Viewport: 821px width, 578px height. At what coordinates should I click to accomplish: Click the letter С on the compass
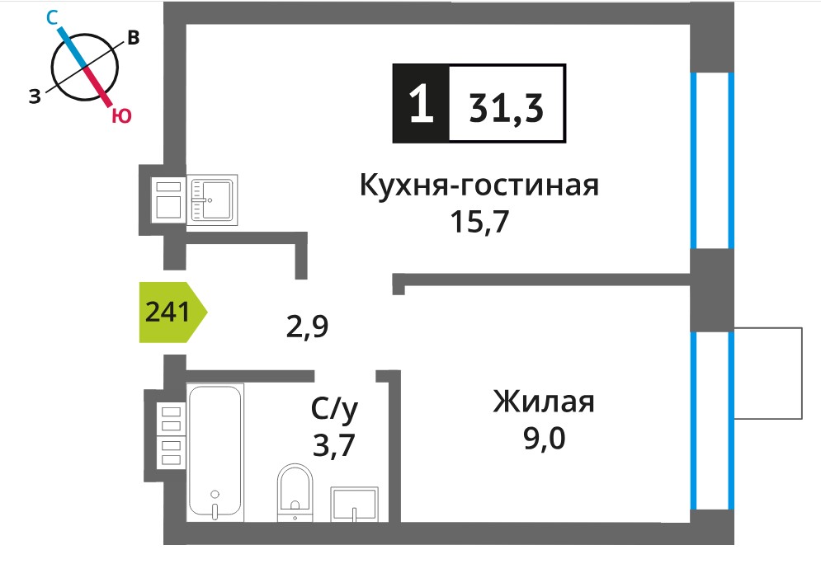[x=51, y=18]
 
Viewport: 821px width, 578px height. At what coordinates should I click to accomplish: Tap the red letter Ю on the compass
[x=121, y=115]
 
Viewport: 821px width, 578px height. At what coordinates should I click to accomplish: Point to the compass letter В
[x=134, y=38]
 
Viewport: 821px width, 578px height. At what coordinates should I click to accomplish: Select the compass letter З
[x=35, y=96]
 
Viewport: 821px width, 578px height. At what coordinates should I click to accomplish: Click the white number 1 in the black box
[x=422, y=104]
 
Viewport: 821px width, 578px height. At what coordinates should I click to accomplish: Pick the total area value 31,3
[x=507, y=108]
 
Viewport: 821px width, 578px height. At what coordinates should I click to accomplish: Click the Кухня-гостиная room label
[x=479, y=186]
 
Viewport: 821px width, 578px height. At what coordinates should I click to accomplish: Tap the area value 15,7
[x=479, y=221]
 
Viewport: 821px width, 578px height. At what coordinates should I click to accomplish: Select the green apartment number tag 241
[x=172, y=312]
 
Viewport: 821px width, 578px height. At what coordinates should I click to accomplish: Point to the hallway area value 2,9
[x=307, y=327]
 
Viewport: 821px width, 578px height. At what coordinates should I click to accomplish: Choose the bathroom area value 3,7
[x=333, y=445]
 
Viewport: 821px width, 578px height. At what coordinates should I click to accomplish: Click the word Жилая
[x=544, y=402]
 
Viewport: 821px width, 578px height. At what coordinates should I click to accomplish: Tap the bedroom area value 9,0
[x=545, y=439]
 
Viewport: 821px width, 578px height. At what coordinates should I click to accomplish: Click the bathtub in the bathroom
[x=215, y=453]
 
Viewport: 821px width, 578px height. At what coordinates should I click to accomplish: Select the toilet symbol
[x=295, y=492]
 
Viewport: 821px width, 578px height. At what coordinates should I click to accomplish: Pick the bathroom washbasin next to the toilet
[x=355, y=505]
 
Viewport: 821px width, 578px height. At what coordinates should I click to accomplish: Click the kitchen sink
[x=212, y=200]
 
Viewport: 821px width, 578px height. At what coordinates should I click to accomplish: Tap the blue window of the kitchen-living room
[x=711, y=160]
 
